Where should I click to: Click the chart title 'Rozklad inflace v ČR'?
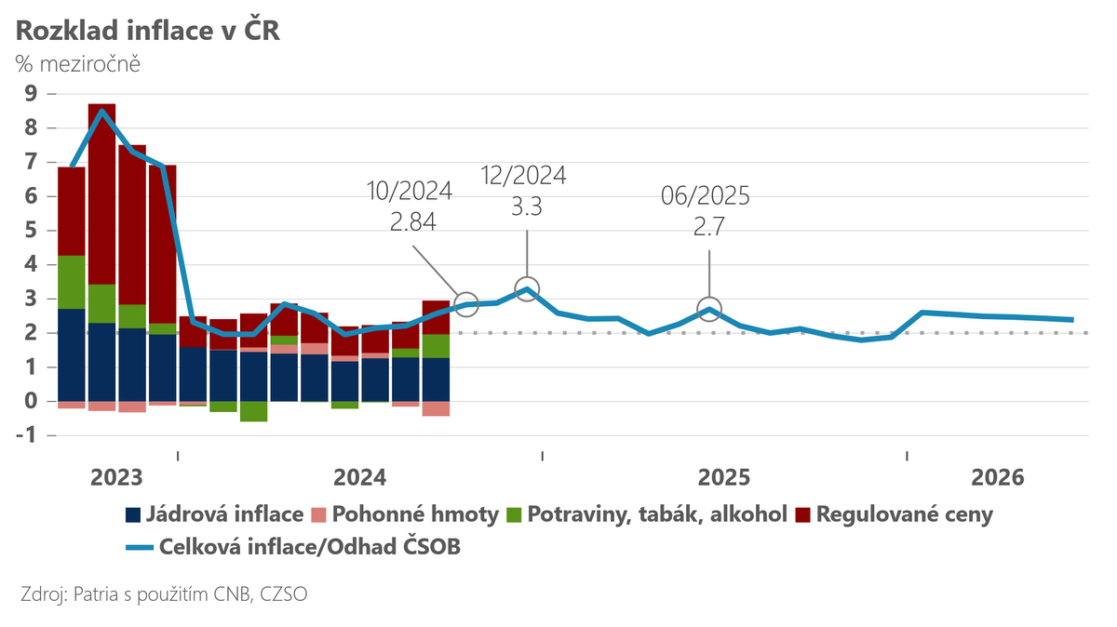pos(148,30)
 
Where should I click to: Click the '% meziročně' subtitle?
pos(77,64)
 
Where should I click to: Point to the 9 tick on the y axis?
pos(31,93)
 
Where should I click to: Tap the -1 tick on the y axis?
pos(27,435)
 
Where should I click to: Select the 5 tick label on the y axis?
pos(31,230)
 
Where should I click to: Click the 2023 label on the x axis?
pos(116,478)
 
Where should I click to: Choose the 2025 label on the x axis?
pos(724,478)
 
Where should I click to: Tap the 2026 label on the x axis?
pos(997,478)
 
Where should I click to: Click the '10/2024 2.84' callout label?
pos(410,207)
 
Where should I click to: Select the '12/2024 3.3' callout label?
pos(527,191)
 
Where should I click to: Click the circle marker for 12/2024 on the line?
pos(527,288)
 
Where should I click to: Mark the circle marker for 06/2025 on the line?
pos(709,310)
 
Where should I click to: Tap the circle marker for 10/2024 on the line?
pos(467,303)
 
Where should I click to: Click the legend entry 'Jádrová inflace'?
pos(213,514)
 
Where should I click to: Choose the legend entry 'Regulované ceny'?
pos(895,514)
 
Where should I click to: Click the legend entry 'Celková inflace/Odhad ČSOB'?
pos(293,548)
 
